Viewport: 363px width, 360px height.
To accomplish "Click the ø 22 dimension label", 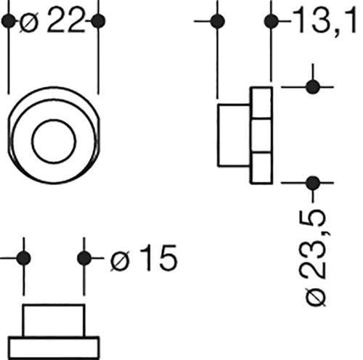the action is pos(52,20).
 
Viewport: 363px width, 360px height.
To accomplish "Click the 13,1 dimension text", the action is pos(325,20).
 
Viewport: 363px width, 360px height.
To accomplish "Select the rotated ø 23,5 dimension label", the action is pos(315,258).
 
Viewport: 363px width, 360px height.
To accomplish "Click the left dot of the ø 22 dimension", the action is pos(8,21).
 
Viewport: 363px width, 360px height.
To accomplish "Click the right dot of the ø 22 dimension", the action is pos(98,21).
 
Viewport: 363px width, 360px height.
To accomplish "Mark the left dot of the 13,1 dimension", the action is pos(218,21).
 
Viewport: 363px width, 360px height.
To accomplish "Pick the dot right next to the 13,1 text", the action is pos(271,21).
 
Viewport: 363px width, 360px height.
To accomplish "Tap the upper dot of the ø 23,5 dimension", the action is pos(313,87).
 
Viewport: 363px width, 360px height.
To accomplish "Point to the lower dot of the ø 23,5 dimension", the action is pos(313,183).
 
